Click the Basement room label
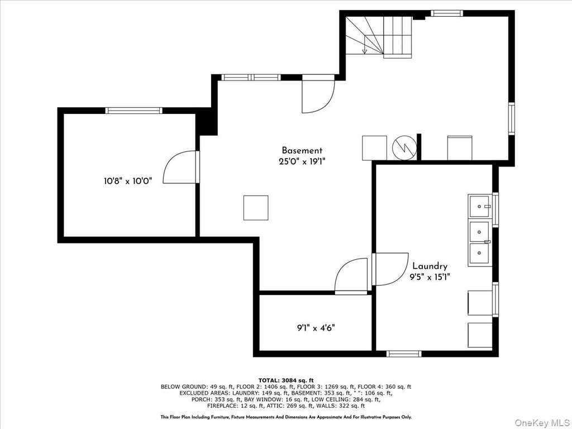point(302,150)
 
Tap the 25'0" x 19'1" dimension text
point(302,161)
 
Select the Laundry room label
point(430,266)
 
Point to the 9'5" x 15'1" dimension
point(430,277)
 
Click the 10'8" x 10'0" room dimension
point(127,180)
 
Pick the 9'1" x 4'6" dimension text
point(316,327)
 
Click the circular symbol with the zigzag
point(404,147)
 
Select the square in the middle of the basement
point(256,208)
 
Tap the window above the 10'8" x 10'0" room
point(134,111)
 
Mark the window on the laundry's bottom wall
point(404,354)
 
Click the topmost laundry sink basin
point(479,207)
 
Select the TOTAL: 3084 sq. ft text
point(286,380)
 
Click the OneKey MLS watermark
point(542,422)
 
